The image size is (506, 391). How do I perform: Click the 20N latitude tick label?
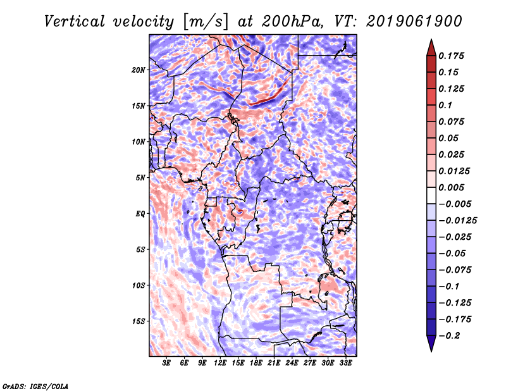pyautogui.click(x=139, y=70)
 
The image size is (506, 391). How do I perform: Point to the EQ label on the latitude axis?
pyautogui.click(x=140, y=214)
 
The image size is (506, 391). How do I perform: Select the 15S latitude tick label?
pyautogui.click(x=139, y=321)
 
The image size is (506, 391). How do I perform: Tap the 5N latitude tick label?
pyautogui.click(x=140, y=178)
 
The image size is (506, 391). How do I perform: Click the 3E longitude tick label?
pyautogui.click(x=166, y=363)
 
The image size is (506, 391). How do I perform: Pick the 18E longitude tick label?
pyautogui.click(x=256, y=363)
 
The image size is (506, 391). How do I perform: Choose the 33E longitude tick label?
pyautogui.click(x=345, y=363)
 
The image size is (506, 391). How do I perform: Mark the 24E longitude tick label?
pyautogui.click(x=292, y=363)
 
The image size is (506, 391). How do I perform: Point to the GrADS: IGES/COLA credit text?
pyautogui.click(x=35, y=385)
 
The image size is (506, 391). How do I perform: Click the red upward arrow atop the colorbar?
pyautogui.click(x=431, y=46)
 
